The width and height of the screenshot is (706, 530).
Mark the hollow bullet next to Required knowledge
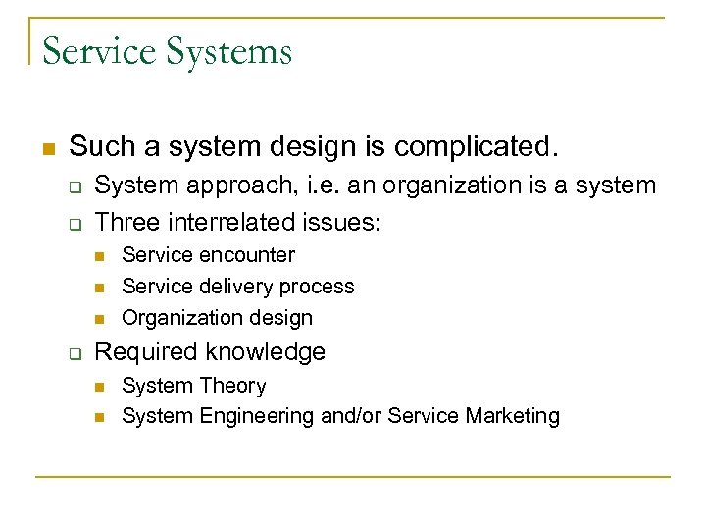point(74,353)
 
